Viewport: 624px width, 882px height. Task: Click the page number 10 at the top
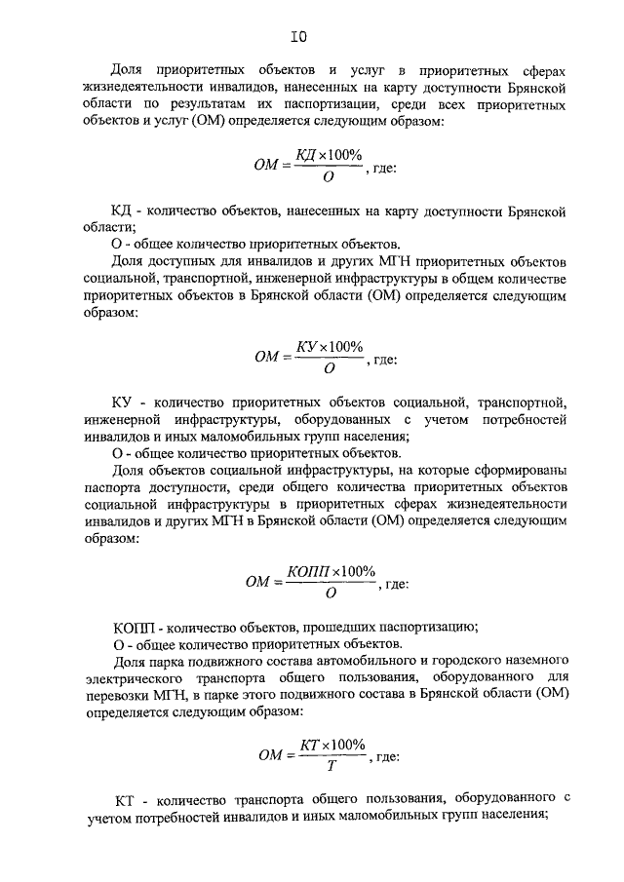tap(298, 38)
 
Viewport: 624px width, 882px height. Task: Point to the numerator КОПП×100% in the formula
tap(331, 571)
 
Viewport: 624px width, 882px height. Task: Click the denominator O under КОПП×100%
tap(331, 593)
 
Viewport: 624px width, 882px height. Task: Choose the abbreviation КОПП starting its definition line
tap(130, 627)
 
